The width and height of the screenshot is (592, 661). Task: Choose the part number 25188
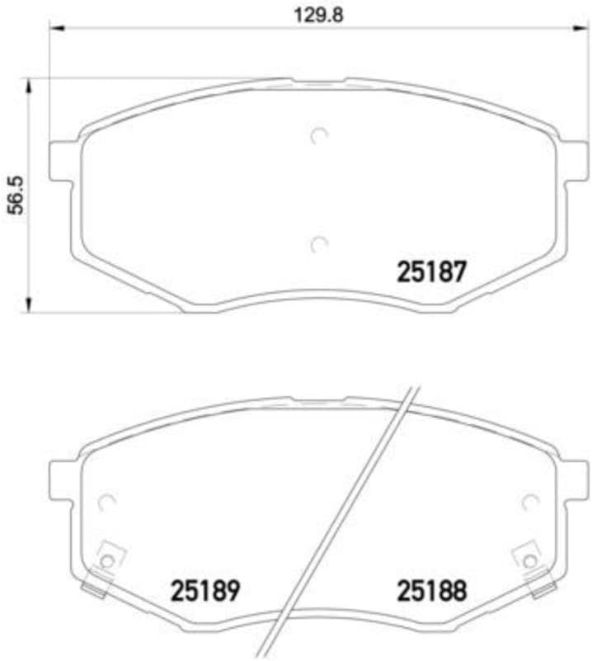click(432, 590)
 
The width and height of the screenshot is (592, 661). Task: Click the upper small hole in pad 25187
click(320, 136)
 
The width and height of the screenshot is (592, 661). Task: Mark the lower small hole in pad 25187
click(320, 243)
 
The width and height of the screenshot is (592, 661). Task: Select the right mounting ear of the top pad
click(576, 160)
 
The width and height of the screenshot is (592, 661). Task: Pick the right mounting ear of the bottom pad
click(576, 479)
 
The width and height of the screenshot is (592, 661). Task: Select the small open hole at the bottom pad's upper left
click(106, 501)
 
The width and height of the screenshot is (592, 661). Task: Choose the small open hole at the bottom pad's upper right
click(530, 501)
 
